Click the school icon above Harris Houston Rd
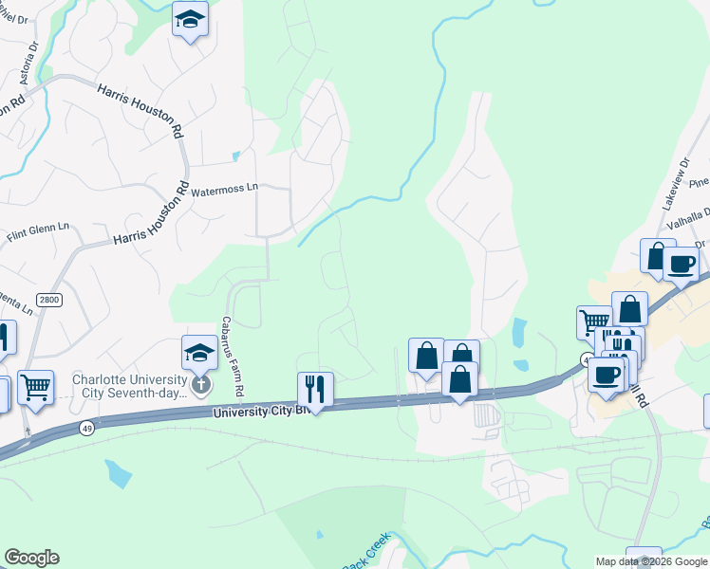click(x=190, y=19)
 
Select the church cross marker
click(x=200, y=384)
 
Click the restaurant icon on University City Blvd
click(x=314, y=389)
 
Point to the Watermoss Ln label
click(x=225, y=190)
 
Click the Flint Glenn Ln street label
click(x=39, y=228)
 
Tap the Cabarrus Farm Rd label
click(x=234, y=357)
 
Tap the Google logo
click(x=31, y=558)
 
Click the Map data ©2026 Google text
click(x=651, y=561)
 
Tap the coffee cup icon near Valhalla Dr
click(x=681, y=264)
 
